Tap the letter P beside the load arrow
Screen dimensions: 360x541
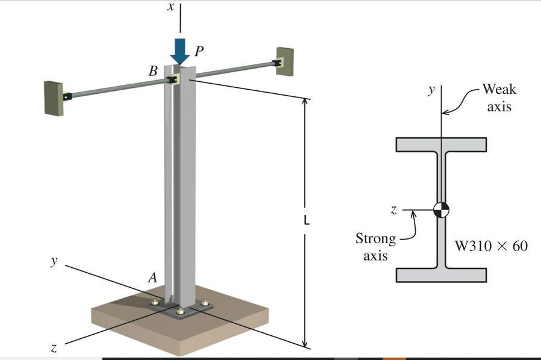click(199, 52)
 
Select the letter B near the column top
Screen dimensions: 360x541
click(154, 71)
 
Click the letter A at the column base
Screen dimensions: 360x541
click(152, 278)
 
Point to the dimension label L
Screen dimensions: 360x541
click(306, 222)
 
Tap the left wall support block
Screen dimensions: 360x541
click(53, 98)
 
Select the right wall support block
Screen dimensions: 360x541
click(285, 61)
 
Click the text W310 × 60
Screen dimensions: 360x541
click(491, 246)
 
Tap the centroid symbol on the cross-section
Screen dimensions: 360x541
click(441, 209)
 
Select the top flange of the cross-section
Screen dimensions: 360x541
click(441, 144)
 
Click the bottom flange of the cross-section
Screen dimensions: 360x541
click(441, 275)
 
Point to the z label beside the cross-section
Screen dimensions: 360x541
click(393, 210)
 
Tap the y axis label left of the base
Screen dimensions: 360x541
click(54, 261)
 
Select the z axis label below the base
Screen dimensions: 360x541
click(54, 347)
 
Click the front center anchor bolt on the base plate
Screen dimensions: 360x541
click(180, 311)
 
